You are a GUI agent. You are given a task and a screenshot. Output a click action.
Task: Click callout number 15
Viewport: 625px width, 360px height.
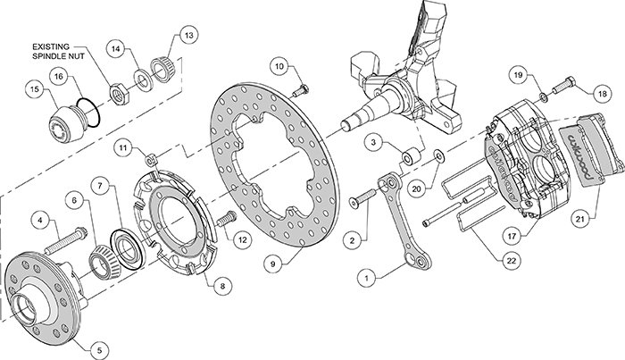[35, 89]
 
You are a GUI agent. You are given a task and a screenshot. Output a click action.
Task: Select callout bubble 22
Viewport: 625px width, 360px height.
[511, 260]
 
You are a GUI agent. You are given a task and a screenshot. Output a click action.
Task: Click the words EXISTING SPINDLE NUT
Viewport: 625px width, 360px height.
[59, 52]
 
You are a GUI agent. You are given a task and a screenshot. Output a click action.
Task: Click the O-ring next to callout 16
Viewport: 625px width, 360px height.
[88, 113]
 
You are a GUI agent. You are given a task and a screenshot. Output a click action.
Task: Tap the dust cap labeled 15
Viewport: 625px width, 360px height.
[65, 123]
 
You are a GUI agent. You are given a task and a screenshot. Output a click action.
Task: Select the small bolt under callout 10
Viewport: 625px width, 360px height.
[300, 91]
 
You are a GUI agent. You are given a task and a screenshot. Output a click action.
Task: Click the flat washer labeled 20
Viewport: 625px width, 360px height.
[438, 155]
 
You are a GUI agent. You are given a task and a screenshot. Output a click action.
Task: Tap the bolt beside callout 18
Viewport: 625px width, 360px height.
[563, 85]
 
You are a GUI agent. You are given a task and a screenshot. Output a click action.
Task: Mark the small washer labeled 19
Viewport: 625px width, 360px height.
[543, 96]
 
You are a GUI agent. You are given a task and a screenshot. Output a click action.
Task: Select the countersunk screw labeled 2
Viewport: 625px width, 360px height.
[362, 198]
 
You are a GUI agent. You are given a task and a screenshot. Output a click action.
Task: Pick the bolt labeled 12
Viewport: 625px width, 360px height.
[227, 219]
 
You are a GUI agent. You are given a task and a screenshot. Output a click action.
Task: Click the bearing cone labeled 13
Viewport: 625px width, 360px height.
[163, 71]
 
